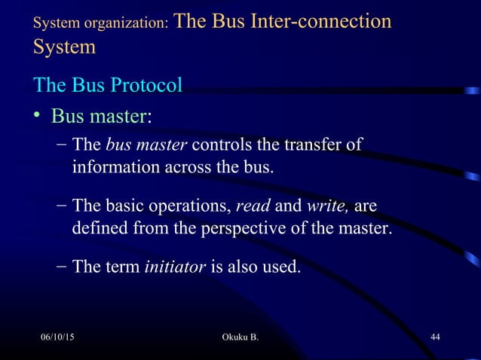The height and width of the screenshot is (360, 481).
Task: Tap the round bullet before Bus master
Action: click(38, 117)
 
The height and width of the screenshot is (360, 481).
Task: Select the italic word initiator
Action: click(174, 267)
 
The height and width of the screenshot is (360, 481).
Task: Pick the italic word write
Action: click(327, 206)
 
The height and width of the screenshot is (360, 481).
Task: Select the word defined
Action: click(101, 227)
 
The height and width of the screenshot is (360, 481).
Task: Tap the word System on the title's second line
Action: click(65, 47)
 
